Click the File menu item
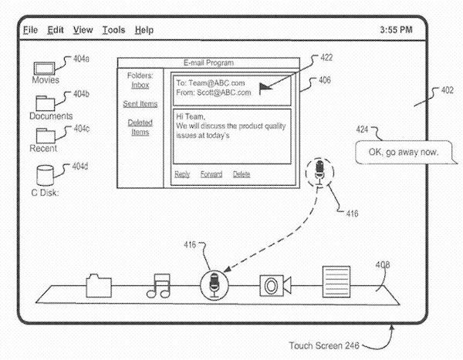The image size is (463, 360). pyautogui.click(x=30, y=30)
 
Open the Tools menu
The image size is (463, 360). pyautogui.click(x=113, y=30)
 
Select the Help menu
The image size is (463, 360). pyautogui.click(x=144, y=30)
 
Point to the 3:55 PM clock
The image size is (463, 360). pyautogui.click(x=397, y=30)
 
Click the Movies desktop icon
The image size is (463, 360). pyautogui.click(x=45, y=67)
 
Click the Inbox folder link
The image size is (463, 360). pyautogui.click(x=140, y=85)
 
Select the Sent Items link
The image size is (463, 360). pyautogui.click(x=140, y=103)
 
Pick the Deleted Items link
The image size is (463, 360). pyautogui.click(x=140, y=127)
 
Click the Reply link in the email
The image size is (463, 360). pyautogui.click(x=182, y=174)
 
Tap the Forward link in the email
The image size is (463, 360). pyautogui.click(x=211, y=174)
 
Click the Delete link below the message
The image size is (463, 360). pyautogui.click(x=242, y=174)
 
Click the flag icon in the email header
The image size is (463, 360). pyautogui.click(x=266, y=87)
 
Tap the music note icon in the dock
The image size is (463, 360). pyautogui.click(x=158, y=285)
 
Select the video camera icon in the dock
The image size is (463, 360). pyautogui.click(x=274, y=285)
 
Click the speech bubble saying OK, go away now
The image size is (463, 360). pyautogui.click(x=403, y=152)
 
